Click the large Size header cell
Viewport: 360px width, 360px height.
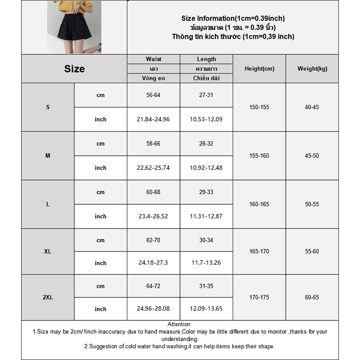click(74, 69)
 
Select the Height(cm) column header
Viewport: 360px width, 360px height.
click(259, 69)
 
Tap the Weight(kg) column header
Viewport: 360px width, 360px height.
click(312, 69)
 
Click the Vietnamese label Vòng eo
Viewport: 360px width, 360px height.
click(153, 78)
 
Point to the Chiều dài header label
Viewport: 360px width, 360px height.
click(206, 78)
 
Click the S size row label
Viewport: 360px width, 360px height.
click(48, 107)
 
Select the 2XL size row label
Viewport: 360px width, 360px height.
click(48, 297)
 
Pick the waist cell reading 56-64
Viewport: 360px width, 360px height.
click(153, 95)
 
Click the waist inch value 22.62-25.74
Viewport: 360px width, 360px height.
click(153, 168)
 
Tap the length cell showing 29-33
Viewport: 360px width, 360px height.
click(206, 192)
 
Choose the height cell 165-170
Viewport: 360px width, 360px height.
click(259, 252)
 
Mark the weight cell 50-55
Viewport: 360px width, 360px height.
click(312, 204)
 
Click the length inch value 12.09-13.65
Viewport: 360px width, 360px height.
click(206, 309)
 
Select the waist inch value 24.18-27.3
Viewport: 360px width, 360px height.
click(153, 263)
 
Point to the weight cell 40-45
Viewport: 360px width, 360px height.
click(312, 107)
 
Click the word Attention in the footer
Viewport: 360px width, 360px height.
click(180, 324)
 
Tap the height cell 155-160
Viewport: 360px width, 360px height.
click(259, 156)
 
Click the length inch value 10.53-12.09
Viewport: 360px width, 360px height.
click(206, 119)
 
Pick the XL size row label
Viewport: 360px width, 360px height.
click(48, 252)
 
